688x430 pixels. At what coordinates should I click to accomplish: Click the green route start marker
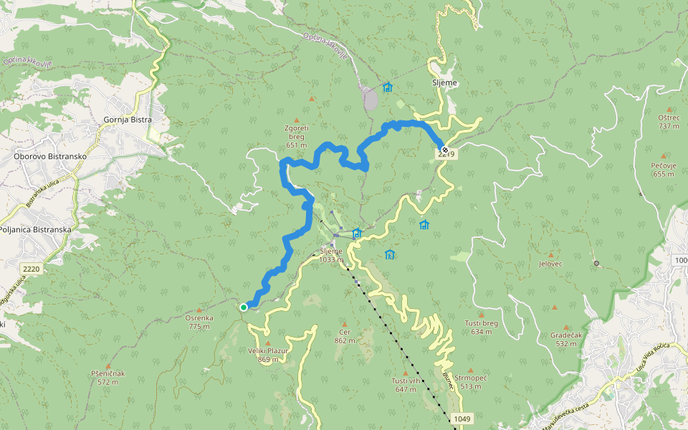pyautogui.click(x=244, y=307)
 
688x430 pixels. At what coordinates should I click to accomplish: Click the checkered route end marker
pyautogui.click(x=445, y=150)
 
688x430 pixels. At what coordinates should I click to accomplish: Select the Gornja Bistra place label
pyautogui.click(x=128, y=120)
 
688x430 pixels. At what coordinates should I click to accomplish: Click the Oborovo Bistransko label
pyautogui.click(x=50, y=156)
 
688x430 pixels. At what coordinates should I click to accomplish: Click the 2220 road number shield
pyautogui.click(x=32, y=269)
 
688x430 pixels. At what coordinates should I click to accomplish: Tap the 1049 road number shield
pyautogui.click(x=462, y=418)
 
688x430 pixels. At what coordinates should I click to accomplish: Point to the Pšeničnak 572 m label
pyautogui.click(x=109, y=378)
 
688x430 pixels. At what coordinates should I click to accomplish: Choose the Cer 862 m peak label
pyautogui.click(x=344, y=336)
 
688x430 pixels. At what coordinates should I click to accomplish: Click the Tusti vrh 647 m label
pyautogui.click(x=404, y=385)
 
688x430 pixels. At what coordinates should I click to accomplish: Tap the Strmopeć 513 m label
pyautogui.click(x=470, y=382)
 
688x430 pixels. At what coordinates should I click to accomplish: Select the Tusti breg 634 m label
pyautogui.click(x=482, y=327)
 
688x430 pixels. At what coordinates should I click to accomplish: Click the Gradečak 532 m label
pyautogui.click(x=565, y=339)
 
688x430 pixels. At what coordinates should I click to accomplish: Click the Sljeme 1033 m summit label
pyautogui.click(x=331, y=255)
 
